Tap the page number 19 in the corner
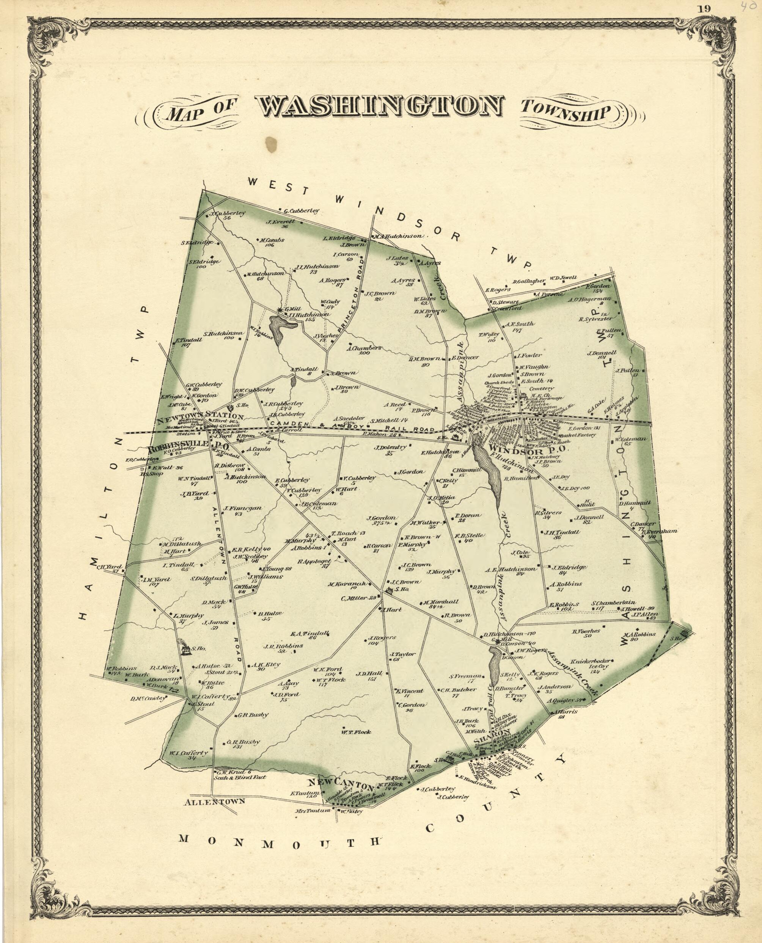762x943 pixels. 706,8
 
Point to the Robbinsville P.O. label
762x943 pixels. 178,449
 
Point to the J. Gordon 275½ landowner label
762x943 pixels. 382,521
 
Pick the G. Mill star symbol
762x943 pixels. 280,310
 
